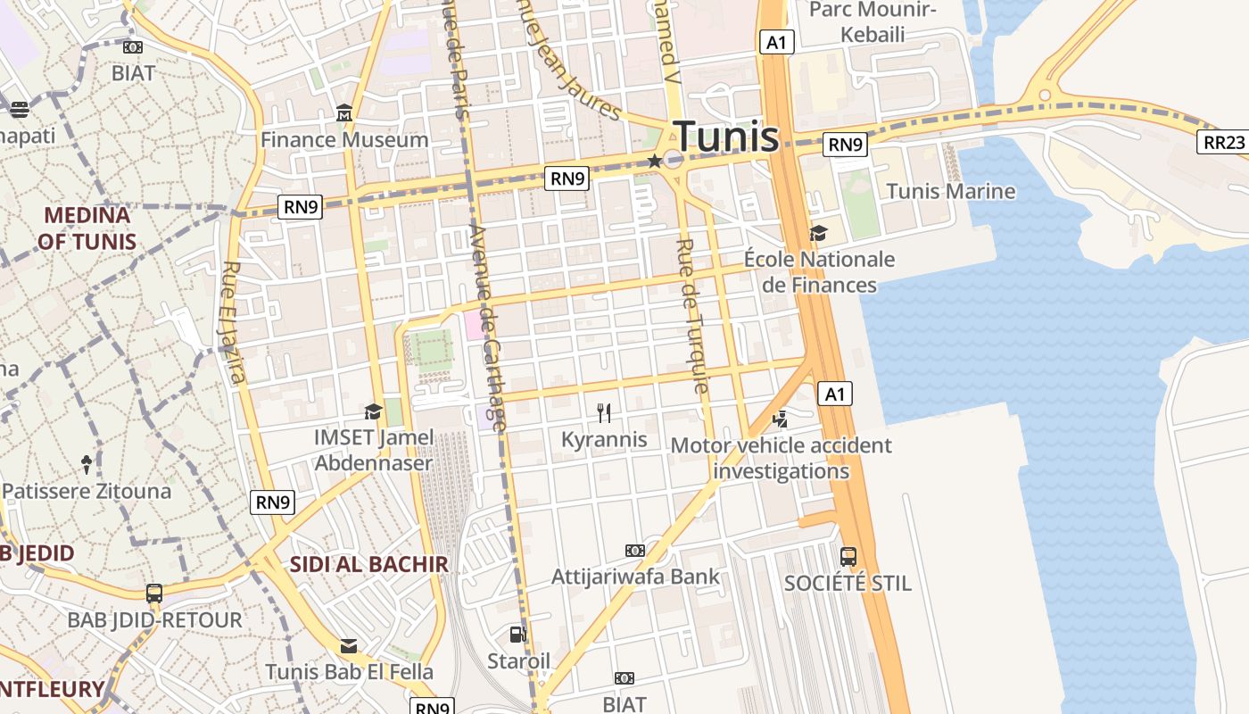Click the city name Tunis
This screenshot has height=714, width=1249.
pos(726,137)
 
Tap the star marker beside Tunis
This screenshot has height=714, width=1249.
pos(655,161)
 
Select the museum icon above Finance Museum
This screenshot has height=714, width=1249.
pos(344,113)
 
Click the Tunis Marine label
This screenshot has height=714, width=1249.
pos(951,191)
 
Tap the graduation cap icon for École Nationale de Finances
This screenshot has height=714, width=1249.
pos(818,234)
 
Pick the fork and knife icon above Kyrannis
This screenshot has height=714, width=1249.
pos(604,412)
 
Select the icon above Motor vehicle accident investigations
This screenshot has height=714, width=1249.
pos(781,418)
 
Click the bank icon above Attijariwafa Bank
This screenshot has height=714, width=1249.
pos(635,550)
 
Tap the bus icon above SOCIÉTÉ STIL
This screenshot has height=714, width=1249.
pos(848,556)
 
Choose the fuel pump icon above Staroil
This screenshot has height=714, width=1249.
pos(517,635)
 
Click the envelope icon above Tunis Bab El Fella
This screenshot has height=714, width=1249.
pos(349,645)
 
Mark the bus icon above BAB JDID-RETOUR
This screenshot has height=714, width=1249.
pos(154,593)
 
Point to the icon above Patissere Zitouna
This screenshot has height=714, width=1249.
pos(87,464)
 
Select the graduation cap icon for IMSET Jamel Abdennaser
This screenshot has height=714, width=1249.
pos(373,411)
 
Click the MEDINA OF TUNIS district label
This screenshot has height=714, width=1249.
pos(87,228)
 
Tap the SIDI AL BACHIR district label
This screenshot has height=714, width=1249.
pos(368,564)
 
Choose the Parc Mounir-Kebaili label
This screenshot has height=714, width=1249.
pos(873,22)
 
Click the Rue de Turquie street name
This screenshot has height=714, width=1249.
pos(693,316)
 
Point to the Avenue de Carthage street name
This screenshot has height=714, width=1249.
pos(487,328)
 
